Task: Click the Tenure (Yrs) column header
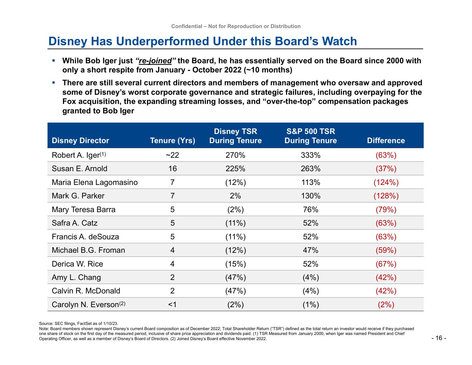point(172,141)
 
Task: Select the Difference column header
point(386,141)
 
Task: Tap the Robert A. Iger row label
point(79,155)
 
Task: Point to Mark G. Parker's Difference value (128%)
point(386,196)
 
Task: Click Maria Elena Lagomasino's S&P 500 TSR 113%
point(311,182)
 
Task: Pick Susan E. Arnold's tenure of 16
point(172,169)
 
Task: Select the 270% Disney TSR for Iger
point(235,155)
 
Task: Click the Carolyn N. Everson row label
point(88,304)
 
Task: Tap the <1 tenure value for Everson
point(172,304)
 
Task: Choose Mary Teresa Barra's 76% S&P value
point(311,209)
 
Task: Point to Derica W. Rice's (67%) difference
point(386,264)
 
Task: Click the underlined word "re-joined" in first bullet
point(155,61)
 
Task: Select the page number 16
point(439,338)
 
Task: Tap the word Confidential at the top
point(187,26)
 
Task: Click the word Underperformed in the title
point(163,41)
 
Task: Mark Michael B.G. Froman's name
point(88,250)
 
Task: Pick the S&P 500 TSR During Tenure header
point(311,136)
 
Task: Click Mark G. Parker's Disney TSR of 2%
point(235,196)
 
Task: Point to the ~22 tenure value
point(172,155)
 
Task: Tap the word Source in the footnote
point(46,323)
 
